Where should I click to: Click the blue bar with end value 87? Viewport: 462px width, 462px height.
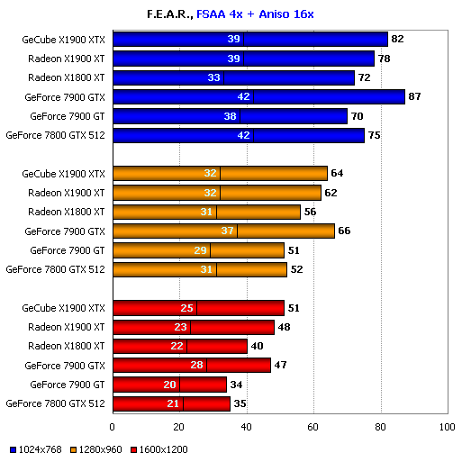pos(258,97)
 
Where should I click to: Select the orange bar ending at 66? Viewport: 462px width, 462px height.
pos(223,231)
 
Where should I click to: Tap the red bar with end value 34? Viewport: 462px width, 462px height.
pos(169,385)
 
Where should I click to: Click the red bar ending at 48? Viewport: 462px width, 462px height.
pos(193,327)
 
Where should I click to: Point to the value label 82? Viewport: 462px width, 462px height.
pos(397,39)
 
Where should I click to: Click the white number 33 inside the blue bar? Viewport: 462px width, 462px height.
pos(214,77)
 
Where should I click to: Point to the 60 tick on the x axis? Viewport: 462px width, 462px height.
pos(313,427)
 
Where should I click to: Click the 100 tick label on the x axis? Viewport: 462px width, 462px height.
pos(446,427)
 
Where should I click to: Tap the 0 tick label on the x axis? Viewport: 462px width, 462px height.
pos(113,427)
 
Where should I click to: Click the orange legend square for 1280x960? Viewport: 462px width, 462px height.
pos(73,448)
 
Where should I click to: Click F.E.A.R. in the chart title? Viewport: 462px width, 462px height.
pos(168,14)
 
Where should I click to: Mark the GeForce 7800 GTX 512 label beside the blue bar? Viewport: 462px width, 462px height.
pos(56,135)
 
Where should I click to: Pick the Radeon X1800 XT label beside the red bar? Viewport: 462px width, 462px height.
pos(67,347)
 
